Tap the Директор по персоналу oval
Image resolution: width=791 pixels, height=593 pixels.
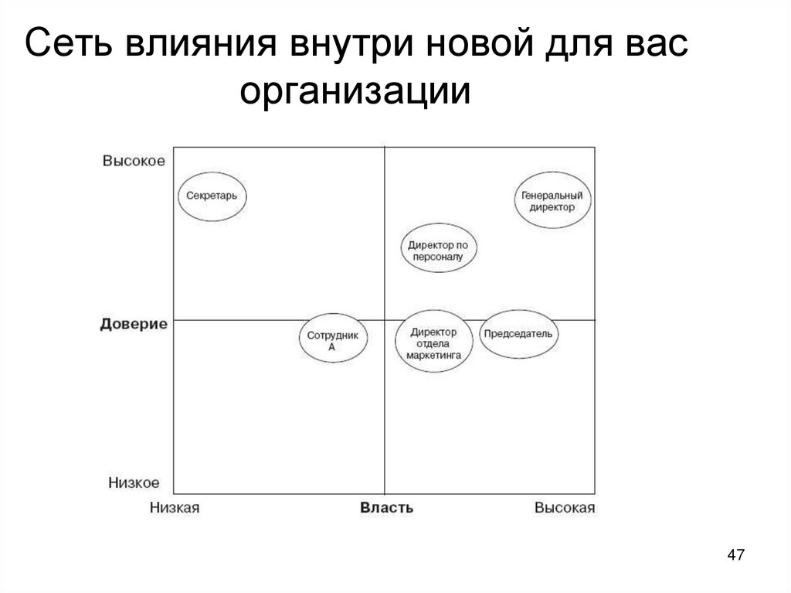click(x=438, y=250)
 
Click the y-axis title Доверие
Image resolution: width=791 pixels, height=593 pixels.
click(x=134, y=324)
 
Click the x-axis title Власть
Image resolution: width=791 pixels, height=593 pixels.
click(x=386, y=508)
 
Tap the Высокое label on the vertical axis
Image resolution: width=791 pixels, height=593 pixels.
click(x=134, y=161)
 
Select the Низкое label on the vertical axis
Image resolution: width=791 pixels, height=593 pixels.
click(x=134, y=483)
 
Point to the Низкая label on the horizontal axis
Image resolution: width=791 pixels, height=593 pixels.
click(x=175, y=508)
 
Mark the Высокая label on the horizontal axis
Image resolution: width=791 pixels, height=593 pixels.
click(x=565, y=508)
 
